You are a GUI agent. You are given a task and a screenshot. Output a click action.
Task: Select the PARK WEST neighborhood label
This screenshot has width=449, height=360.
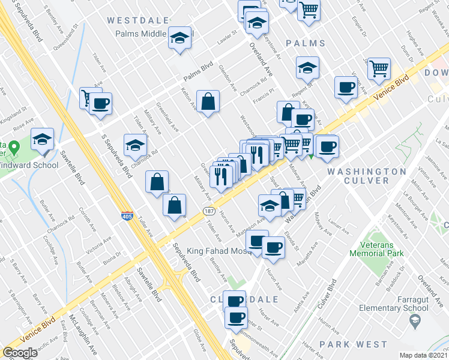[x=354, y=344]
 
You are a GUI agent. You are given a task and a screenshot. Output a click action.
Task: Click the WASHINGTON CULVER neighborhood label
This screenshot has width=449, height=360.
[x=367, y=176]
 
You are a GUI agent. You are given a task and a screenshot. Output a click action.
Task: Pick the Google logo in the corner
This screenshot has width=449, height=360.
[x=20, y=353]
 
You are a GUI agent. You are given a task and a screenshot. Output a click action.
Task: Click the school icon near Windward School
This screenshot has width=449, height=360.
[x=42, y=139]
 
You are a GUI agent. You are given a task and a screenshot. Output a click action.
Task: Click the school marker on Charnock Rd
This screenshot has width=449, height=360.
[x=136, y=145]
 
